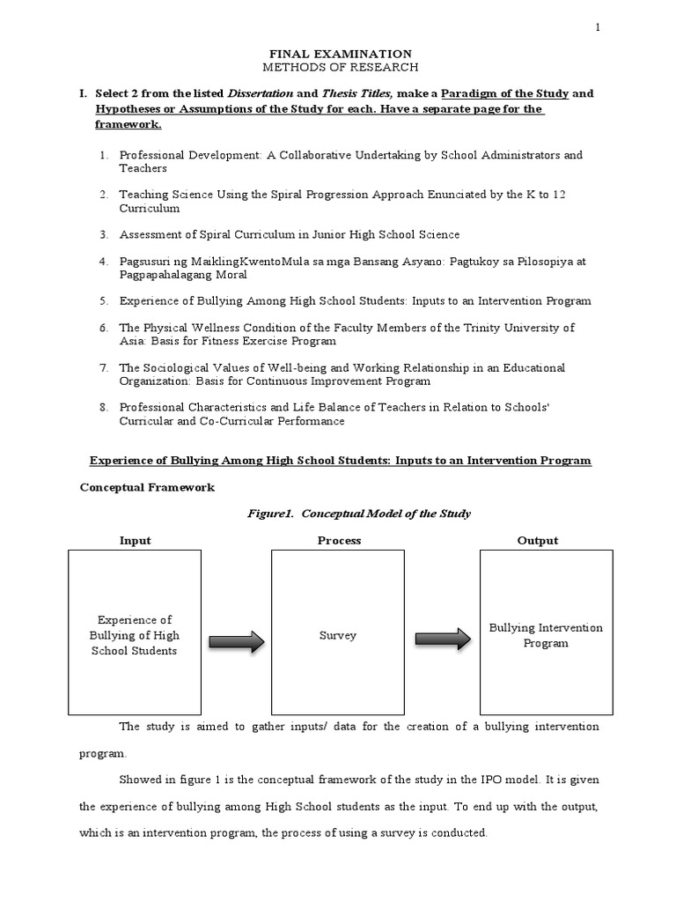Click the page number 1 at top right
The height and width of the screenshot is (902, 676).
pyautogui.click(x=599, y=28)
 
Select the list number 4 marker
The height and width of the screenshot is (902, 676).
pyautogui.click(x=103, y=262)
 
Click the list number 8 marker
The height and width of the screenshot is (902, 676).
pyautogui.click(x=103, y=408)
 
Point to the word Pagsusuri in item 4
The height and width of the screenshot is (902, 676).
pyautogui.click(x=144, y=262)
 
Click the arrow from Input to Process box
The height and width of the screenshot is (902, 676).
pyautogui.click(x=236, y=641)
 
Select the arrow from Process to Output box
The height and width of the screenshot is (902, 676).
pyautogui.click(x=443, y=641)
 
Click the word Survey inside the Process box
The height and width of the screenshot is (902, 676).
pyautogui.click(x=339, y=635)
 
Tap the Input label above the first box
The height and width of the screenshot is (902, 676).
pyautogui.click(x=135, y=541)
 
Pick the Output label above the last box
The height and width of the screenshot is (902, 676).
pyautogui.click(x=539, y=541)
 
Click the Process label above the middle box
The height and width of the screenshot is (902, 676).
pyautogui.click(x=339, y=541)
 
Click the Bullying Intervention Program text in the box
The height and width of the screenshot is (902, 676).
pyautogui.click(x=546, y=635)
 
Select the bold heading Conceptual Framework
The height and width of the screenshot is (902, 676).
pyautogui.click(x=147, y=487)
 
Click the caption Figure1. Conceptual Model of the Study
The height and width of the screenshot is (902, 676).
pyautogui.click(x=339, y=514)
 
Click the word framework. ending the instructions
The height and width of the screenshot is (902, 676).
pyautogui.click(x=124, y=125)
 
